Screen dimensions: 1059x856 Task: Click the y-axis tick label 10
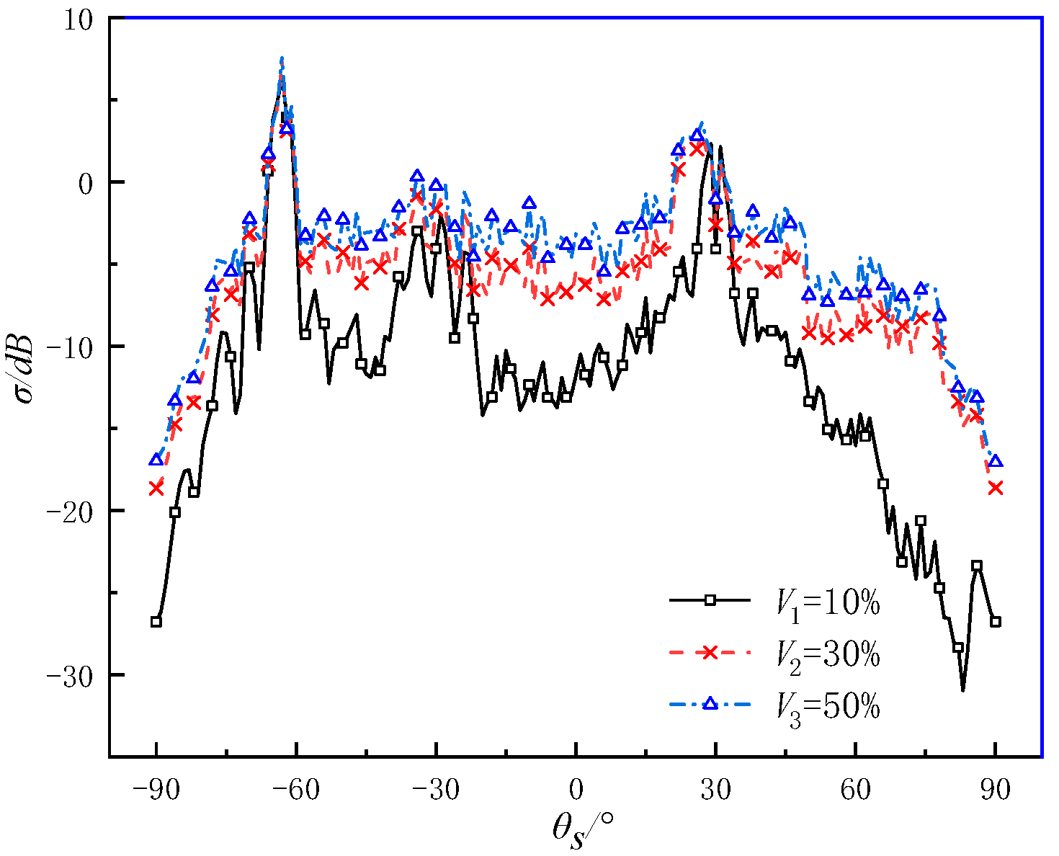click(x=78, y=22)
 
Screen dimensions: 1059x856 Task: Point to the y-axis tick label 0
click(x=86, y=184)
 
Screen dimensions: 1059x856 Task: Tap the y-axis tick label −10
click(x=70, y=349)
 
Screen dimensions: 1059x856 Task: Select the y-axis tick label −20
click(x=70, y=512)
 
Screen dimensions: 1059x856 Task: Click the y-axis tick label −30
click(x=70, y=677)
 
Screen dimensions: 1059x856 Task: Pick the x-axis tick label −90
click(x=156, y=789)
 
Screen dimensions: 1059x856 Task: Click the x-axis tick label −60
click(x=296, y=789)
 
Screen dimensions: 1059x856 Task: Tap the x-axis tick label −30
click(x=436, y=789)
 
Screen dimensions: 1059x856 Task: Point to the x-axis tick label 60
click(x=855, y=789)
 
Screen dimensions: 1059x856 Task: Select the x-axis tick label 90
click(x=996, y=789)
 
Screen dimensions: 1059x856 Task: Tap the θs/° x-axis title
click(x=582, y=830)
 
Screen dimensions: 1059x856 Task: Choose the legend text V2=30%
click(x=828, y=657)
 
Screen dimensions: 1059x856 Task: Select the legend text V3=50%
click(x=828, y=709)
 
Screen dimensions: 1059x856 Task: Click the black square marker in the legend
click(x=710, y=600)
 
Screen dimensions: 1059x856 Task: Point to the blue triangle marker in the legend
click(x=710, y=703)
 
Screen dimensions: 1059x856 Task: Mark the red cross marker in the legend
click(x=710, y=652)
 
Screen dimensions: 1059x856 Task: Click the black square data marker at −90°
click(x=156, y=621)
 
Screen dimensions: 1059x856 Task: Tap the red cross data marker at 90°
click(x=996, y=488)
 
